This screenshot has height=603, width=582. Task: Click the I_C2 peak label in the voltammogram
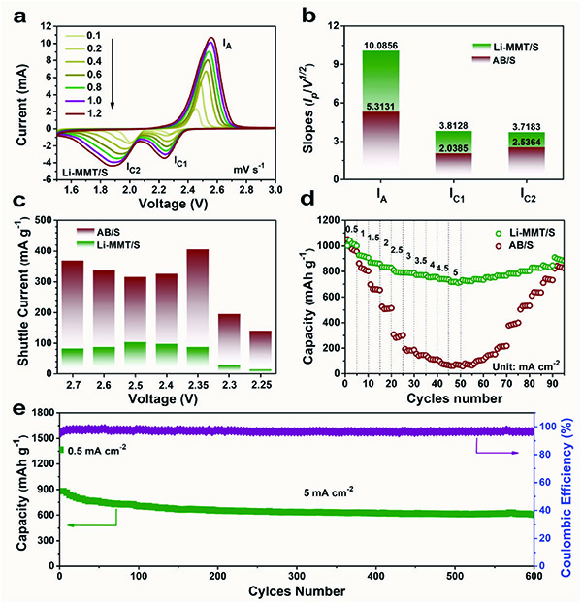coord(131,167)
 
